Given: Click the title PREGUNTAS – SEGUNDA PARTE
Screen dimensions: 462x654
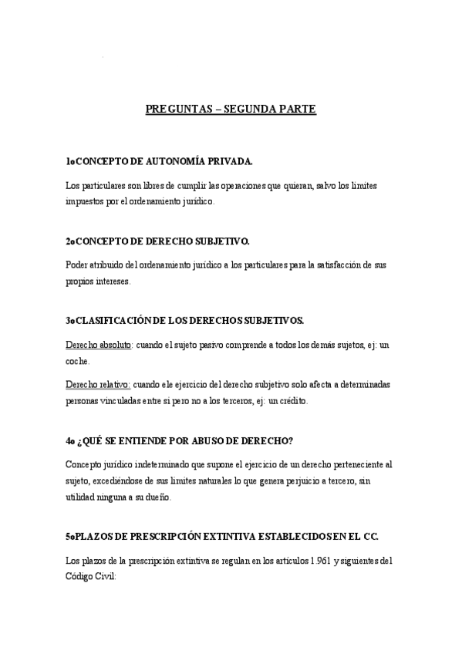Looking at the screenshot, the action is (x=231, y=110).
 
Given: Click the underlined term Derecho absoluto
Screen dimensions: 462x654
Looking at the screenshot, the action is (x=99, y=345).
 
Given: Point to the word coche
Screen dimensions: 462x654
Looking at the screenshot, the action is (x=77, y=359).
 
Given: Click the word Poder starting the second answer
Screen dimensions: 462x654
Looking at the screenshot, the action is (x=78, y=265).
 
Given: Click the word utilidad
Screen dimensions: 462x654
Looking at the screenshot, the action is (x=83, y=498).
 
